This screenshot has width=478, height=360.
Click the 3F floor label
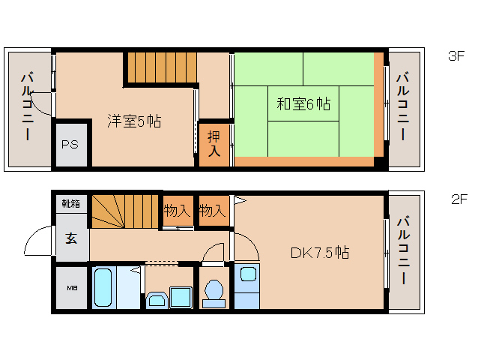pos(456,55)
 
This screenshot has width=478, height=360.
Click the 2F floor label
pos(459,199)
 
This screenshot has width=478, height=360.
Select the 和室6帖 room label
pos(303,104)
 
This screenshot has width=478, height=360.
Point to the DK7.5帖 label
pos(319,253)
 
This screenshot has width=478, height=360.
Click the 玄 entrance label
pos(71,239)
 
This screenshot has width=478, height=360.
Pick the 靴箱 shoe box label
pos(71,203)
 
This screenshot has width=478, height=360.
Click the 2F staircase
pos(126,211)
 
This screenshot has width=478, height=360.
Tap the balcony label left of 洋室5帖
pos(28,106)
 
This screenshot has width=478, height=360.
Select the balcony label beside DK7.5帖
pos(404,250)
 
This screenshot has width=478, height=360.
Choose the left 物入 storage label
pos(177,211)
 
